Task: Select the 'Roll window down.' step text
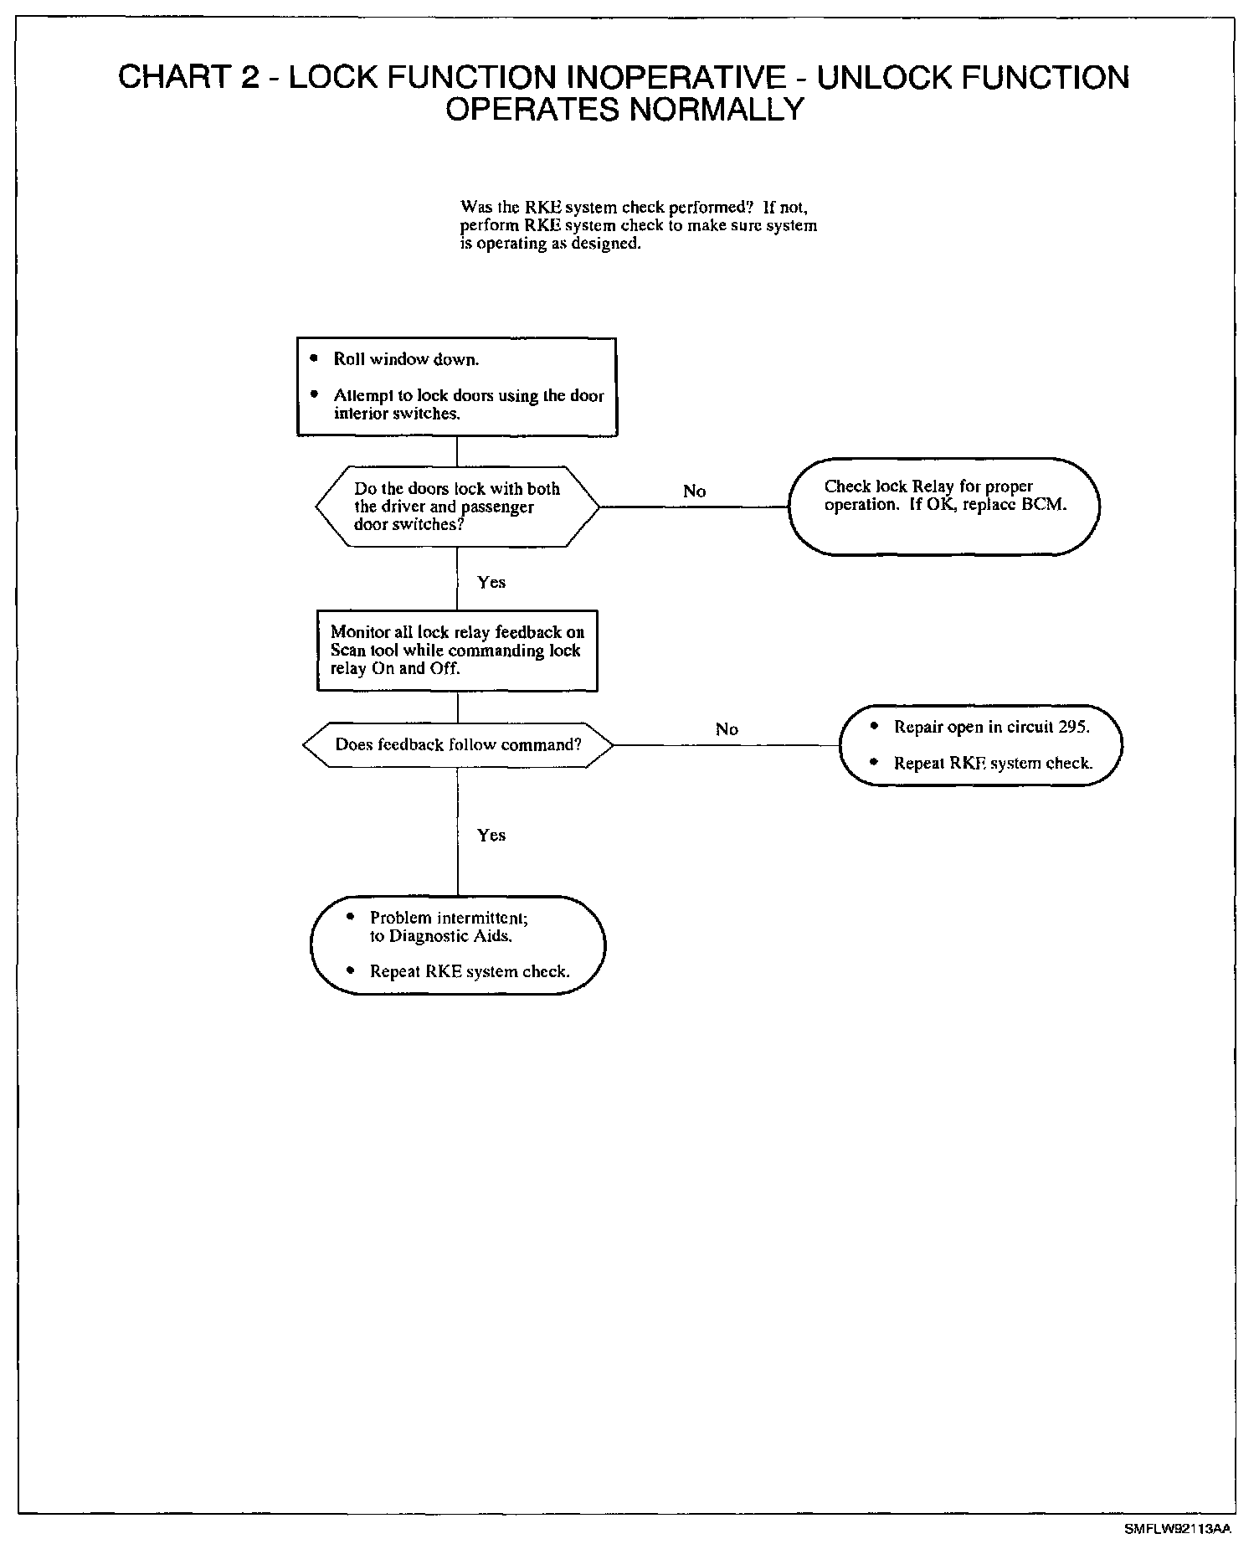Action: (x=406, y=359)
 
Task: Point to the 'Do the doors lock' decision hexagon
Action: (x=457, y=507)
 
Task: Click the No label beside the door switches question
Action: (x=694, y=492)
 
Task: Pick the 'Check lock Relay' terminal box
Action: (x=943, y=506)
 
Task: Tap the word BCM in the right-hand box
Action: (x=1046, y=505)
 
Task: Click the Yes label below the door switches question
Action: (x=491, y=582)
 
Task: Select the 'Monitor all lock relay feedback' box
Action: (x=457, y=651)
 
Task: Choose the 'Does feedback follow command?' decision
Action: (x=457, y=744)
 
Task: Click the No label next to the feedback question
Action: (x=727, y=729)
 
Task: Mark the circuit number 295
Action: (x=1073, y=727)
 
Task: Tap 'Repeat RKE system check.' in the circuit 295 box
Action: (x=993, y=764)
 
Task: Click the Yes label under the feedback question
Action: (x=491, y=835)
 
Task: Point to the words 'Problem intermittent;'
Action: (x=449, y=918)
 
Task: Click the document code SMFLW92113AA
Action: (x=1178, y=1528)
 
